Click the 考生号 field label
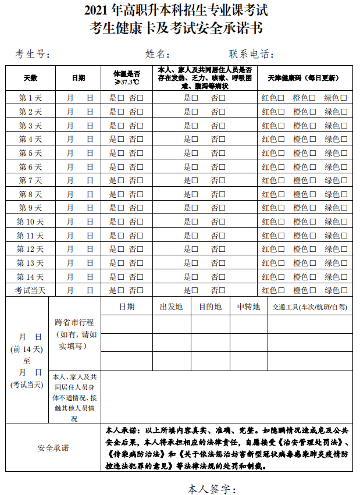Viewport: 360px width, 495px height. pos(33,55)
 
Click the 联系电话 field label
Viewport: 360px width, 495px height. pos(251,55)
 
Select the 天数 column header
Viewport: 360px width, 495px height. pos(30,78)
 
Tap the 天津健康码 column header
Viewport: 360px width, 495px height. pos(303,78)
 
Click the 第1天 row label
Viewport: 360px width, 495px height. pos(30,98)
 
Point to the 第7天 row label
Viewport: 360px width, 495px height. pos(30,180)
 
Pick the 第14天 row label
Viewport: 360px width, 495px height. pos(30,276)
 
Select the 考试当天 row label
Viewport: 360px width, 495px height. pos(30,290)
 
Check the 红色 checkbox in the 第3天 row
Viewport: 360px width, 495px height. pos(281,126)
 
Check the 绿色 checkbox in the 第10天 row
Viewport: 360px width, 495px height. pos(344,222)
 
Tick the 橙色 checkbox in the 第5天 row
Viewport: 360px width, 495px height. pos(312,153)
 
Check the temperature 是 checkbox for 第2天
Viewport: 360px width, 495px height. pos(120,112)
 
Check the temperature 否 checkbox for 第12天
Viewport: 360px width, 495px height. pos(140,249)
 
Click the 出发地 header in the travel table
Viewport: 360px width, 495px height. pos(172,307)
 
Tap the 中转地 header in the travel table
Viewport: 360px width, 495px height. pos(248,307)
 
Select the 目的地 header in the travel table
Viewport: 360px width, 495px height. pos(210,307)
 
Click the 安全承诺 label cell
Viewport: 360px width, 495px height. pos(53,448)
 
